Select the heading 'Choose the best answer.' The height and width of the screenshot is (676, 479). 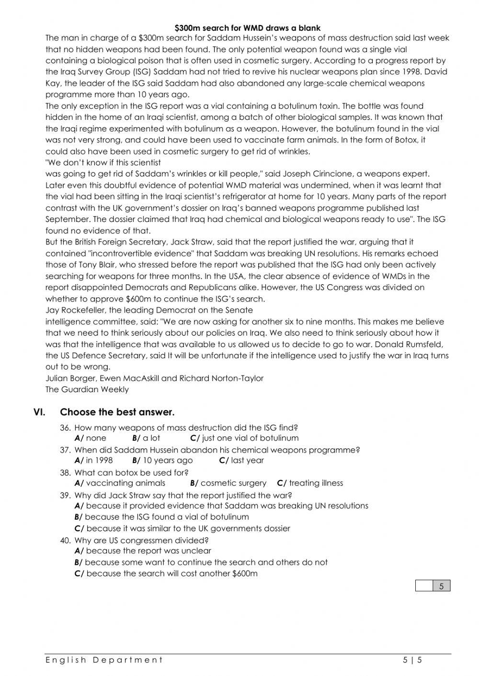pos(117,412)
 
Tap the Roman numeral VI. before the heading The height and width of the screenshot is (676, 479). pos(40,412)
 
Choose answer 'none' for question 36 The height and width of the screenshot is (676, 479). pos(96,438)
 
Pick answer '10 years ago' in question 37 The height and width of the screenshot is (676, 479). pos(168,460)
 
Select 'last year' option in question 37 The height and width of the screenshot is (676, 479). pos(247,460)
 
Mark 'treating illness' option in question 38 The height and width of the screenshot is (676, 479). pos(316,483)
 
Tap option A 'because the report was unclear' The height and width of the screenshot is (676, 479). pos(148,551)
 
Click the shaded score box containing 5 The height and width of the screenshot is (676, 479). pos(441,586)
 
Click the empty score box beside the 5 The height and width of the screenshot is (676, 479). pos(424,586)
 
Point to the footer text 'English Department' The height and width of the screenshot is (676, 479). pos(104,660)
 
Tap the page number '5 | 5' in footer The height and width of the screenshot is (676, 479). pos(412,660)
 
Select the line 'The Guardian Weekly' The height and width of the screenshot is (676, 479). pos(87,389)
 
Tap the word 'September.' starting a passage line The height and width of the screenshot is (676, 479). pos(68,219)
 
